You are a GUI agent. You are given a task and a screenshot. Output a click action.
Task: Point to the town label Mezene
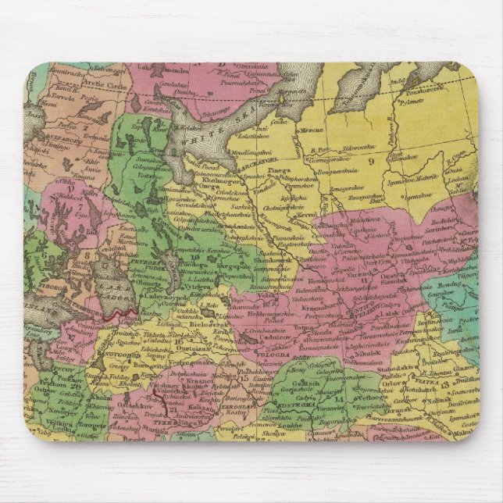[312, 130]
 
